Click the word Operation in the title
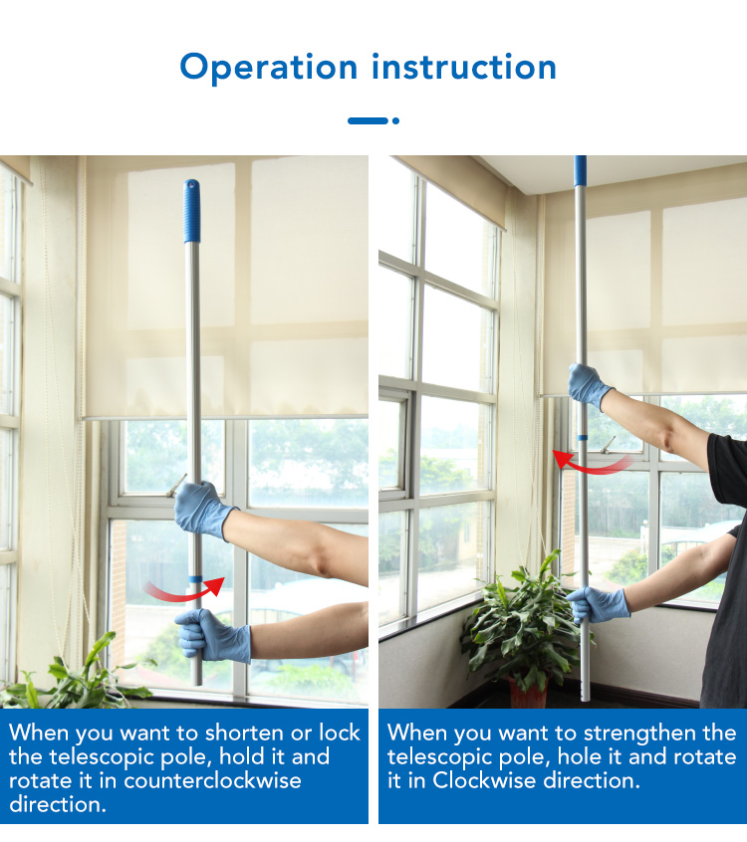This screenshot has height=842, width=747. [x=268, y=69]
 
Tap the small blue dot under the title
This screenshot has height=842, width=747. [x=395, y=120]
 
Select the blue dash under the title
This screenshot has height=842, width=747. [x=368, y=120]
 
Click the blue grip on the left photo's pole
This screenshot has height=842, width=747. [x=192, y=211]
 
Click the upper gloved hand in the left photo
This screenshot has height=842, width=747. [x=202, y=509]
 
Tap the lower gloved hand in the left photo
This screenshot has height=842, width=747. [x=213, y=636]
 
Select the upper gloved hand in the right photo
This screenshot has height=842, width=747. [x=588, y=384]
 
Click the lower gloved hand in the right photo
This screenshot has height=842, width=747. [x=599, y=605]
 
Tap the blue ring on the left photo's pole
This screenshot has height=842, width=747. [x=195, y=579]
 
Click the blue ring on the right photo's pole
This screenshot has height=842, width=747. [x=583, y=438]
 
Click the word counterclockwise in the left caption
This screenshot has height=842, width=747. [x=212, y=780]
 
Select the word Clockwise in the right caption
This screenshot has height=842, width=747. [x=485, y=780]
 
